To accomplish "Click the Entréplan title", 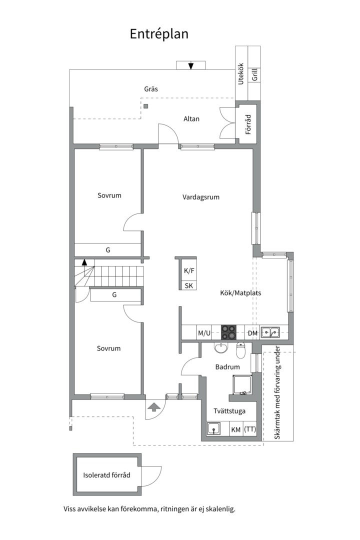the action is [x=159, y=34].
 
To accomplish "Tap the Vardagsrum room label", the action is [x=201, y=197].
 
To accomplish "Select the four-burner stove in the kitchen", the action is [x=228, y=333].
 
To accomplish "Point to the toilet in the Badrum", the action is [x=241, y=350].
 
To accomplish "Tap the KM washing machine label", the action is [x=236, y=430].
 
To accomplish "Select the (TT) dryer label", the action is [x=250, y=429].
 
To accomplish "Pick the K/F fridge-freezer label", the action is [x=189, y=271].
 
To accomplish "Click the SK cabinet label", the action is [x=189, y=286].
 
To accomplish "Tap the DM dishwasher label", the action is [x=253, y=333].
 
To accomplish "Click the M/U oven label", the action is [x=204, y=333].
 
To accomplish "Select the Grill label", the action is [x=255, y=74].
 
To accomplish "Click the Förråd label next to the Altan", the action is [x=248, y=124].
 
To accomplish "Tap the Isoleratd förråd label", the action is [x=107, y=475].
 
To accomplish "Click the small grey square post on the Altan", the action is [x=146, y=106].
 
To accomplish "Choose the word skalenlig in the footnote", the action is [x=221, y=509].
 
